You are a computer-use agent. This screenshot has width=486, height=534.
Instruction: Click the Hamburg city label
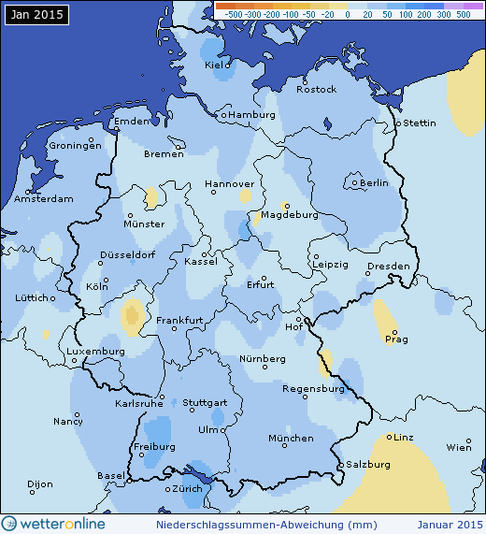tap(252, 115)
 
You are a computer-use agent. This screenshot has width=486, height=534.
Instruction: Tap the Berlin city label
tap(374, 183)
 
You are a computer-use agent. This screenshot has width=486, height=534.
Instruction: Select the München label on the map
tap(291, 438)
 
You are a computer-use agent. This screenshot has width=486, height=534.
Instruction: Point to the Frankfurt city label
tap(180, 321)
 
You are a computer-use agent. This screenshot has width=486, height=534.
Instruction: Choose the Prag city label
tap(396, 340)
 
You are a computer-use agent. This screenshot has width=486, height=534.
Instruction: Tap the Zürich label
tap(187, 489)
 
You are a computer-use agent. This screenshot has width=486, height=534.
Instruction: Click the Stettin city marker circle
tap(398, 123)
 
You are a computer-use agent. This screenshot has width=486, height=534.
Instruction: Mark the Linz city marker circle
tap(390, 437)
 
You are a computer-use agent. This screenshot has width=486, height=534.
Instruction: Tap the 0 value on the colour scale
tap(347, 15)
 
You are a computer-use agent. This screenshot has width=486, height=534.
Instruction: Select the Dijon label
tap(40, 484)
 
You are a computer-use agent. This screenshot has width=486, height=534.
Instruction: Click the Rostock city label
tap(316, 89)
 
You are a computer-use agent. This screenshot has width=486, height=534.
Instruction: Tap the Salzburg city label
tap(367, 464)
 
